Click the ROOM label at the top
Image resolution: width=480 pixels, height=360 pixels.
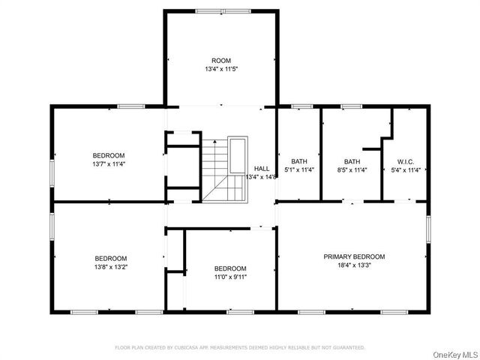pos(220,60)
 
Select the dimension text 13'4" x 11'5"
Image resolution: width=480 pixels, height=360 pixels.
pos(220,69)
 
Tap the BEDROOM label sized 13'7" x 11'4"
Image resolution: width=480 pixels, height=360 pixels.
pos(108,155)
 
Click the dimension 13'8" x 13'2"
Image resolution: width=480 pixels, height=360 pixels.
pos(110,266)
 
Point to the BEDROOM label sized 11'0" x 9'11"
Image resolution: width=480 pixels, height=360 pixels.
pos(229,268)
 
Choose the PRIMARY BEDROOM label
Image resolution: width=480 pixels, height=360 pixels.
pos(354,256)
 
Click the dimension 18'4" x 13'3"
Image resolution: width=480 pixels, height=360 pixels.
pos(354,265)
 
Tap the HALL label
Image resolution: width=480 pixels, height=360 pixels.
pos(261,169)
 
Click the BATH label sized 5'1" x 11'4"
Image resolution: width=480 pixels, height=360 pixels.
pos(299,161)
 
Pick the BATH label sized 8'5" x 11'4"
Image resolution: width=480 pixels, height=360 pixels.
pos(352,161)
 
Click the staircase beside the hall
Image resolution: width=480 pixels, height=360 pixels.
pos(216,169)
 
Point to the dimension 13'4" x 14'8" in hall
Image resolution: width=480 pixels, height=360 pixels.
pos(261,177)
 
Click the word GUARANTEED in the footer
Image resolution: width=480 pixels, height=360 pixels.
pos(346,347)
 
